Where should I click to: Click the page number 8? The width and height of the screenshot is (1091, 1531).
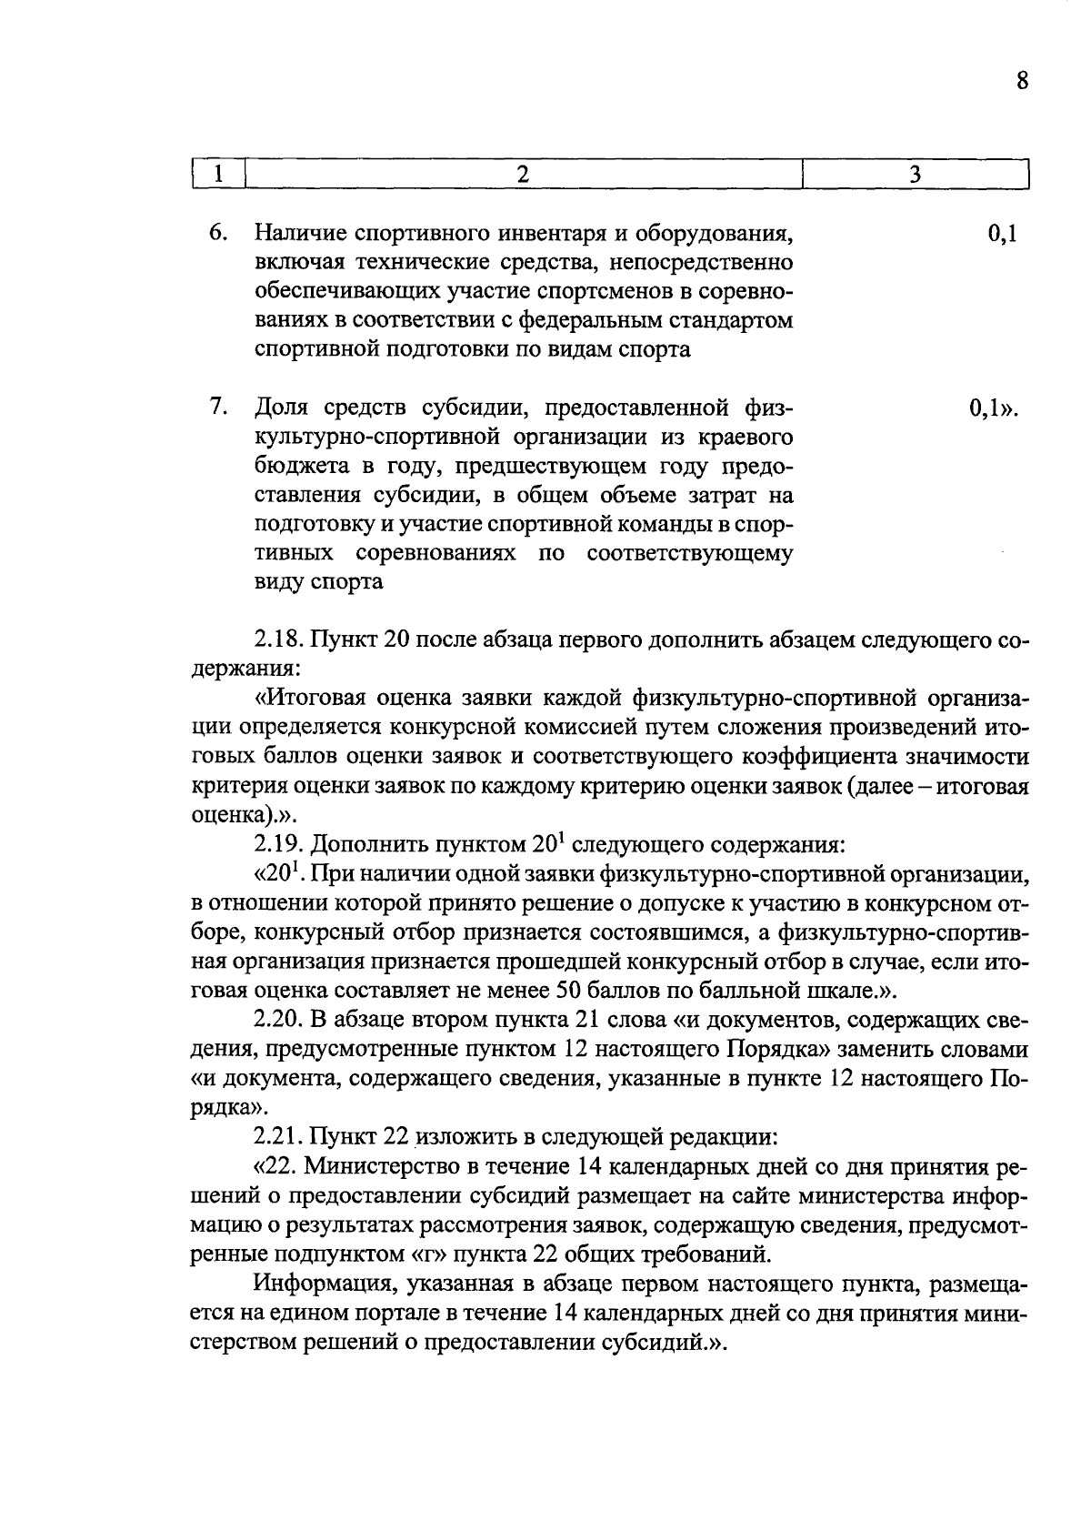tap(1022, 82)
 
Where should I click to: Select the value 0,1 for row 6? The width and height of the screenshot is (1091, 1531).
tap(1001, 234)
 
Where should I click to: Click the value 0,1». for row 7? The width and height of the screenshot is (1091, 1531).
tap(993, 408)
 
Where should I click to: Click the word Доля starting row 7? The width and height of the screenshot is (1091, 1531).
tap(282, 408)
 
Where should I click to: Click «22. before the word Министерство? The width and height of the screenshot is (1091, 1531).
tap(275, 1166)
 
